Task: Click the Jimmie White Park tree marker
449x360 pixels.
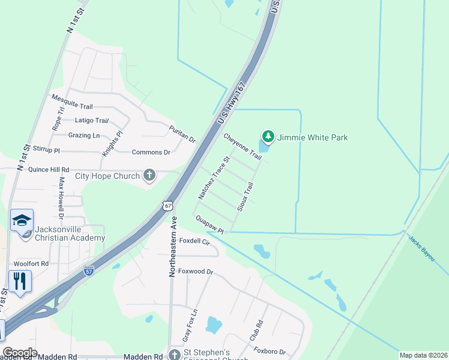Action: (x=268, y=137)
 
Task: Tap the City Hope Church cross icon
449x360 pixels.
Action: (x=149, y=176)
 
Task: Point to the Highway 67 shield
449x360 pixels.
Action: (x=167, y=205)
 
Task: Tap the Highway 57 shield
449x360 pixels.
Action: (x=89, y=270)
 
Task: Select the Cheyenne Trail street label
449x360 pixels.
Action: (x=243, y=146)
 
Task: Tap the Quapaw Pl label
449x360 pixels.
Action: (x=209, y=225)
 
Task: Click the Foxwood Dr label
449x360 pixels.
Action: (x=197, y=271)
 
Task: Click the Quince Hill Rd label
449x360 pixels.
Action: (x=49, y=170)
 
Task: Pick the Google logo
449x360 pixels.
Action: (x=20, y=352)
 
